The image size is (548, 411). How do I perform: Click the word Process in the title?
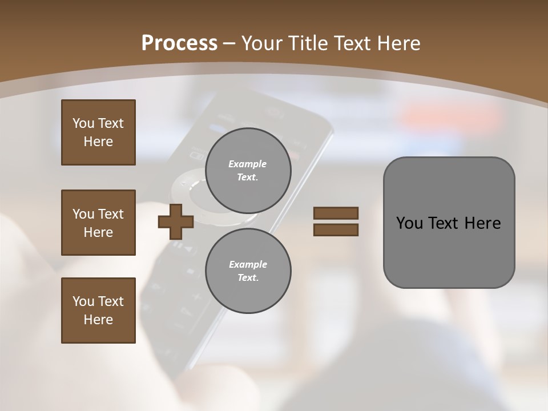[x=179, y=43]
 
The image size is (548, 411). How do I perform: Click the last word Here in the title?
[x=398, y=43]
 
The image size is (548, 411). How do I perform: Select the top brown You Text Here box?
[x=98, y=132]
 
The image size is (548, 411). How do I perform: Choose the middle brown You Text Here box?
[x=98, y=223]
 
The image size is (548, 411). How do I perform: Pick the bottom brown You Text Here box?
[x=98, y=311]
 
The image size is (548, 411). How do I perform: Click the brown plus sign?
[x=176, y=221]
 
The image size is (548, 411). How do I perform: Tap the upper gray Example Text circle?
[x=248, y=171]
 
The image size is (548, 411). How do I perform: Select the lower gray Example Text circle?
[x=248, y=271]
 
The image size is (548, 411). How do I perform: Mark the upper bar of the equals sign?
[x=336, y=213]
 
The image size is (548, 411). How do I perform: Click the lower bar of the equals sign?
[x=336, y=230]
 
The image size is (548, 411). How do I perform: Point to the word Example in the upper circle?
[x=248, y=164]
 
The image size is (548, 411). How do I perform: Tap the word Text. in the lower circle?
[x=248, y=278]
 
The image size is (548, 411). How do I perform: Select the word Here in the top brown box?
[x=98, y=142]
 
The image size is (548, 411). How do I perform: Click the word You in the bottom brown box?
[x=83, y=301]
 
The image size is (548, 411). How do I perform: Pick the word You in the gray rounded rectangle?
[x=409, y=223]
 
